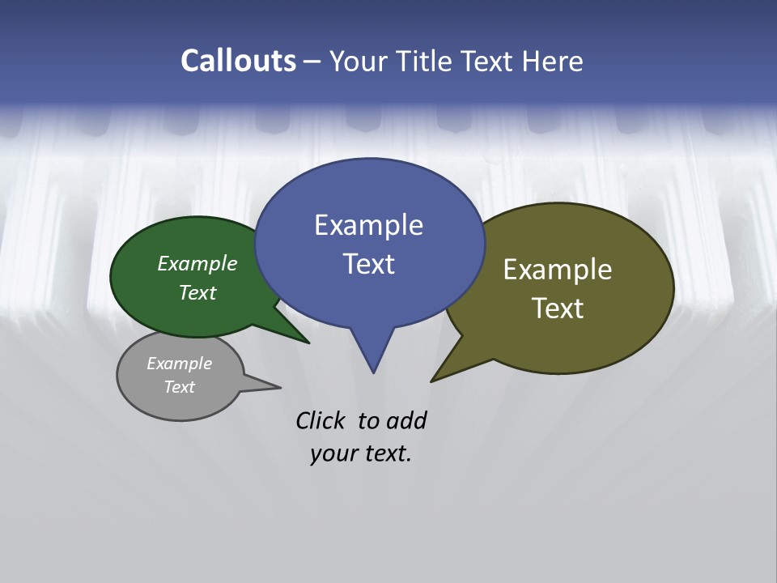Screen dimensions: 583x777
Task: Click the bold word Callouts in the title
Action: pos(238,61)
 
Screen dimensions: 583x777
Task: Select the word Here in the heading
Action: pos(554,61)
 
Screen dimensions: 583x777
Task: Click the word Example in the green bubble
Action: pos(197,263)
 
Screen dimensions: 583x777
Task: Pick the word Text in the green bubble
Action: pos(197,292)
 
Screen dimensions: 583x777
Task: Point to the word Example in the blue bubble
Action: pos(368,225)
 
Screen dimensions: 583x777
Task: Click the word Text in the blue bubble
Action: pos(368,264)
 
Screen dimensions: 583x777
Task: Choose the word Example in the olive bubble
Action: pos(558,270)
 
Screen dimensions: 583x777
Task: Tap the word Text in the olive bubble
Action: pos(558,309)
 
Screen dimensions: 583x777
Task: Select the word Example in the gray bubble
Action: pos(180,364)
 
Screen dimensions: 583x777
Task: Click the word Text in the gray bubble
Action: pos(180,387)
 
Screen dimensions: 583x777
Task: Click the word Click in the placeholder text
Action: pos(321,420)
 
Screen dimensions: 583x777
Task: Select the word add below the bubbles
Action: pos(405,420)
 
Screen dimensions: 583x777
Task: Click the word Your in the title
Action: pos(356,61)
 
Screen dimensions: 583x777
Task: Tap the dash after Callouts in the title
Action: pos(312,61)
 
